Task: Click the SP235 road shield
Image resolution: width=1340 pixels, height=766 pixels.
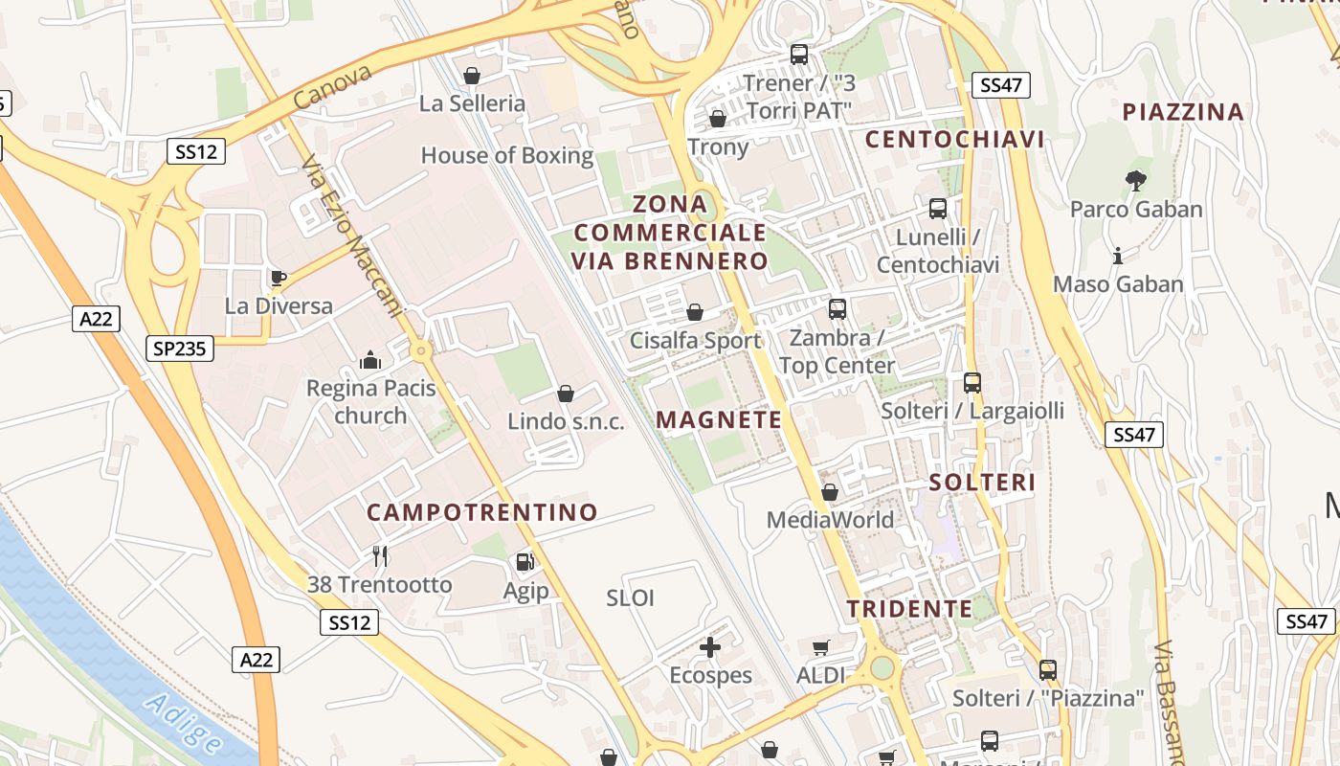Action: pos(180,349)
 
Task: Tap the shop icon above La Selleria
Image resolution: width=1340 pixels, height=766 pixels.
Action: pos(472,76)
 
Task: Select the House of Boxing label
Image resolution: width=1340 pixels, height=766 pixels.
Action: pos(507,155)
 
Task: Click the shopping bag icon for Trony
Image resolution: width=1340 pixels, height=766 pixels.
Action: pos(717,119)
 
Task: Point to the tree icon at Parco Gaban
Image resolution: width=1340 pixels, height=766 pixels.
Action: pos(1136,180)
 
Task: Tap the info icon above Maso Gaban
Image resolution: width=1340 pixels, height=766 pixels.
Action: pos(1118,256)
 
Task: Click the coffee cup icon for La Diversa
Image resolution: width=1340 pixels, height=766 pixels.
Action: pos(278,279)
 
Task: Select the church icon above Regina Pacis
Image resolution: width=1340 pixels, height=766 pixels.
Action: pos(370,361)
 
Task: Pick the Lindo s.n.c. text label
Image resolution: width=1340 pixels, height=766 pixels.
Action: pos(565,421)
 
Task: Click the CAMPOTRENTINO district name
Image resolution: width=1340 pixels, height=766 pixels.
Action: pos(482,512)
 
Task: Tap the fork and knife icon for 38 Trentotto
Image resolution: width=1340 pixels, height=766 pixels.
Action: pos(380,555)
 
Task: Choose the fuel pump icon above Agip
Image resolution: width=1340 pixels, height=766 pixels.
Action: pos(525,562)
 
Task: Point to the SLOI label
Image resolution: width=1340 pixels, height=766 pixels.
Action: pos(631,598)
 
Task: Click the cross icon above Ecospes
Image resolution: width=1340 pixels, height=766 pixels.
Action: pos(710,648)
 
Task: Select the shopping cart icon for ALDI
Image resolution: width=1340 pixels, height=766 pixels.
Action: pos(820,648)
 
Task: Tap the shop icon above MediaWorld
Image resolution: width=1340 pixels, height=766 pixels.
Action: pos(830,492)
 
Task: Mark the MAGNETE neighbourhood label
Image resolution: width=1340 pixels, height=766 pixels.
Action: pos(719,419)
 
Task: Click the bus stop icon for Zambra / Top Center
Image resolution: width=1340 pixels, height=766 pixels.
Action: pos(837,309)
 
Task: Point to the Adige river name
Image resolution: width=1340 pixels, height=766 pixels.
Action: pos(184,723)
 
